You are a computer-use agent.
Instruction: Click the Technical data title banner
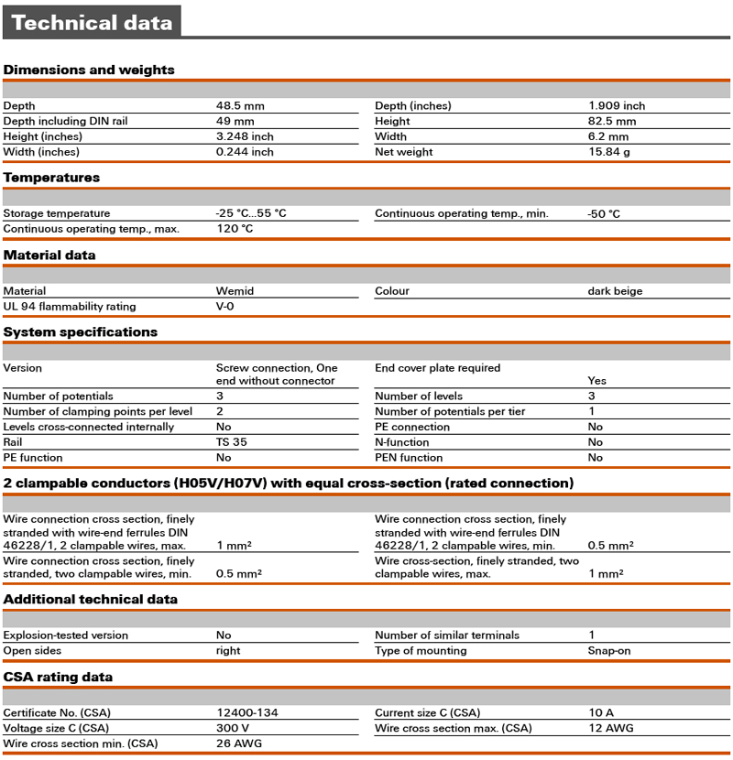point(92,23)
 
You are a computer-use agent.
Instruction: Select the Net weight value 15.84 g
point(609,152)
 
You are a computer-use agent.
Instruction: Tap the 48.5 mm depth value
point(240,106)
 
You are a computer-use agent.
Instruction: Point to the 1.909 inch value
point(617,106)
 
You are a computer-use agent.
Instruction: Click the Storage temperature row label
point(57,213)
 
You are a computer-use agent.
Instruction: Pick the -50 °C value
point(604,213)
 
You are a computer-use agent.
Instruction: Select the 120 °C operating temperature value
point(235,229)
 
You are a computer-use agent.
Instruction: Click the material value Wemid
point(235,291)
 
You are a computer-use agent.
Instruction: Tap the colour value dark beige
point(615,291)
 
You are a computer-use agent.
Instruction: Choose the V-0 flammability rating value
point(225,307)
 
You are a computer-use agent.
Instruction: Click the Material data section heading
point(49,255)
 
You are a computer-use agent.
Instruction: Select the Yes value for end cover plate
point(596,381)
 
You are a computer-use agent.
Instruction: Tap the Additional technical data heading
point(91,600)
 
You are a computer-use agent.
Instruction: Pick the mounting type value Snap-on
point(609,651)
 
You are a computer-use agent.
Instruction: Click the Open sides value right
point(228,651)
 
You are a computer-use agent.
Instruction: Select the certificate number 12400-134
point(247,713)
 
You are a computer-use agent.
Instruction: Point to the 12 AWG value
point(610,729)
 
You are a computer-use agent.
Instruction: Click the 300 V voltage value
point(233,729)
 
